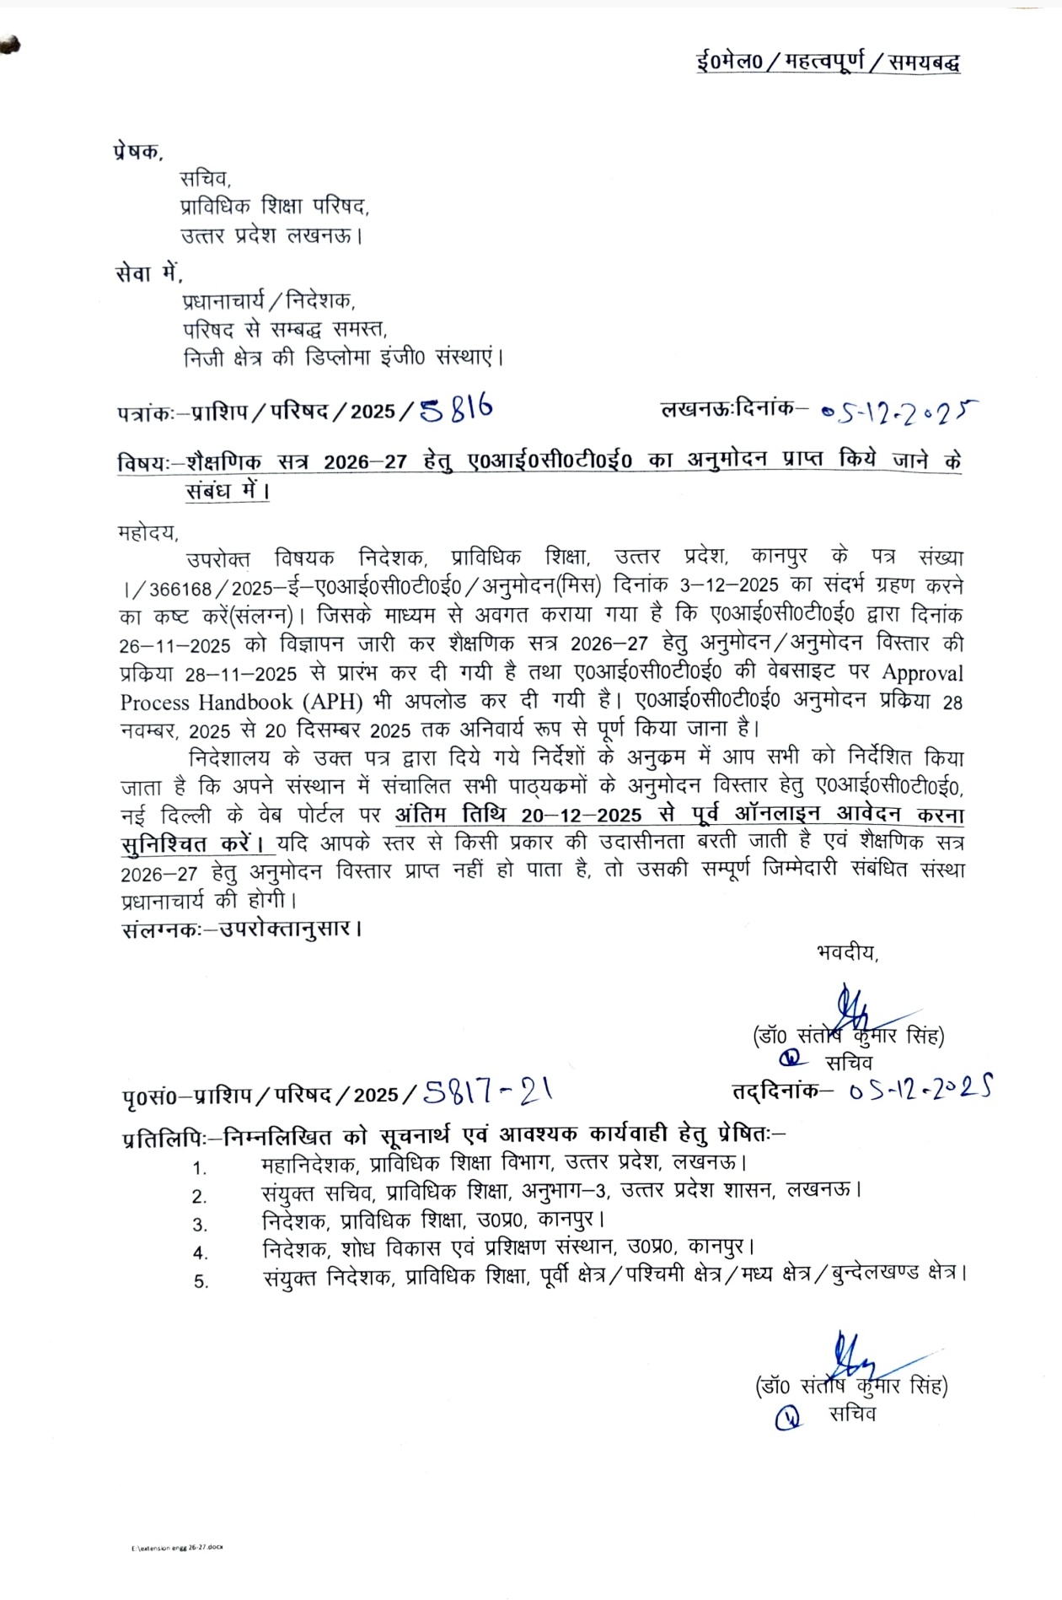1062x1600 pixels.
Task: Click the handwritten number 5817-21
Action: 488,1093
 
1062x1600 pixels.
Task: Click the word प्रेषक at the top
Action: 136,152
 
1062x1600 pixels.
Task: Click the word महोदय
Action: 147,532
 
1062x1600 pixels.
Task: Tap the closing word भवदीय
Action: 846,952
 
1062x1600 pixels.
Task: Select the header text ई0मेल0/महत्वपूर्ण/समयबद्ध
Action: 828,62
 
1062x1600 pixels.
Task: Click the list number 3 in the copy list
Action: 200,1225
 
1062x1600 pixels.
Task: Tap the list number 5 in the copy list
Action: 201,1281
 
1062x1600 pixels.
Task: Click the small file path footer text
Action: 177,1547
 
